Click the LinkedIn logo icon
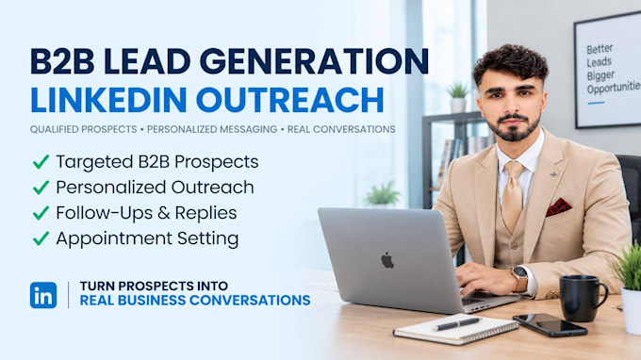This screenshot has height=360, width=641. pyautogui.click(x=43, y=295)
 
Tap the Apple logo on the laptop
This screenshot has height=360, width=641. pyautogui.click(x=387, y=260)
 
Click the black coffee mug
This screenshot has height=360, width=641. pyautogui.click(x=582, y=298)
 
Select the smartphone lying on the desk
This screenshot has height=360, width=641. pyautogui.click(x=550, y=325)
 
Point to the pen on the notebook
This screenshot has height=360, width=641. pyautogui.click(x=457, y=323)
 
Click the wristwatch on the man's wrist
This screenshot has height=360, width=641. pyautogui.click(x=520, y=278)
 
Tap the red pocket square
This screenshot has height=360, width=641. pyautogui.click(x=558, y=207)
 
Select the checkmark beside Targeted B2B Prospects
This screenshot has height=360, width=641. pyautogui.click(x=41, y=162)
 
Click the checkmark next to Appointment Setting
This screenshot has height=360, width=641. pyautogui.click(x=41, y=238)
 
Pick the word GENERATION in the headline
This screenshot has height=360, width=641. pyautogui.click(x=314, y=61)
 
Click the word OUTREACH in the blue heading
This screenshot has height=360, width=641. pyautogui.click(x=289, y=99)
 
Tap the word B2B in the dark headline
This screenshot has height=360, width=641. pyautogui.click(x=62, y=61)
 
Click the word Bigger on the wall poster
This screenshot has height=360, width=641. pyautogui.click(x=601, y=75)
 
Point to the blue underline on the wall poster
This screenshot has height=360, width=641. pyautogui.click(x=596, y=103)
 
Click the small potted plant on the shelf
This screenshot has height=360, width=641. pyautogui.click(x=458, y=97)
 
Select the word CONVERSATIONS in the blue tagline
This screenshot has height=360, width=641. pyautogui.click(x=250, y=301)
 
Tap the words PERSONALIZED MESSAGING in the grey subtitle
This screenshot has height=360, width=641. pyautogui.click(x=212, y=129)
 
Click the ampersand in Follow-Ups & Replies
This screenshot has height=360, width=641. pyautogui.click(x=164, y=213)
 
